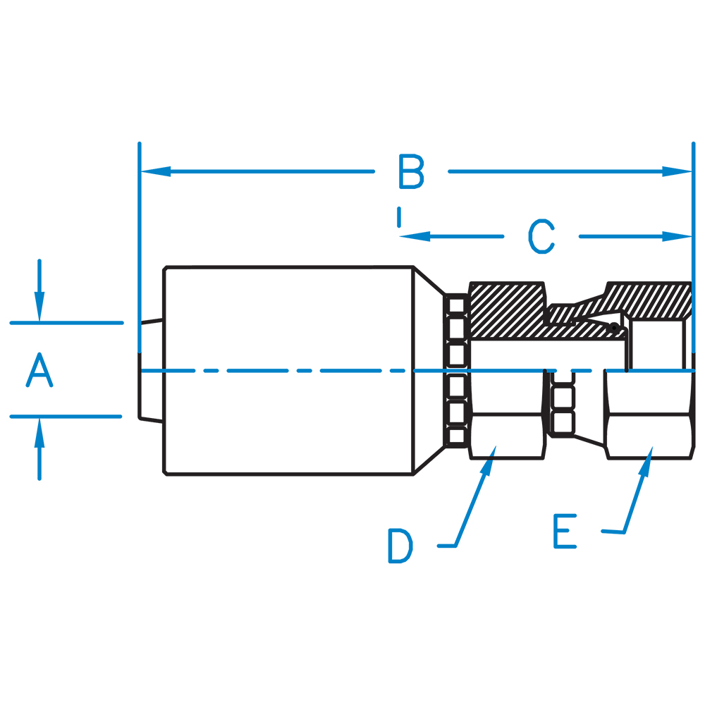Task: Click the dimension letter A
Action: pyautogui.click(x=39, y=372)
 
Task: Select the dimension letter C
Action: pyautogui.click(x=541, y=237)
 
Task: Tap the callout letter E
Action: pyautogui.click(x=565, y=532)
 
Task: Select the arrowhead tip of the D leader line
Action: pyautogui.click(x=493, y=450)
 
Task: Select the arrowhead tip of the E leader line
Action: pyautogui.click(x=649, y=450)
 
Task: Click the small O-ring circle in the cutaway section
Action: pyautogui.click(x=615, y=328)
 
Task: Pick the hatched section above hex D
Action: pyautogui.click(x=506, y=310)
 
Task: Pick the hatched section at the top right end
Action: pyautogui.click(x=652, y=300)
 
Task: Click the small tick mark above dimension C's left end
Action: pyautogui.click(x=399, y=216)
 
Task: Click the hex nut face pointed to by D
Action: pyautogui.click(x=506, y=437)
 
